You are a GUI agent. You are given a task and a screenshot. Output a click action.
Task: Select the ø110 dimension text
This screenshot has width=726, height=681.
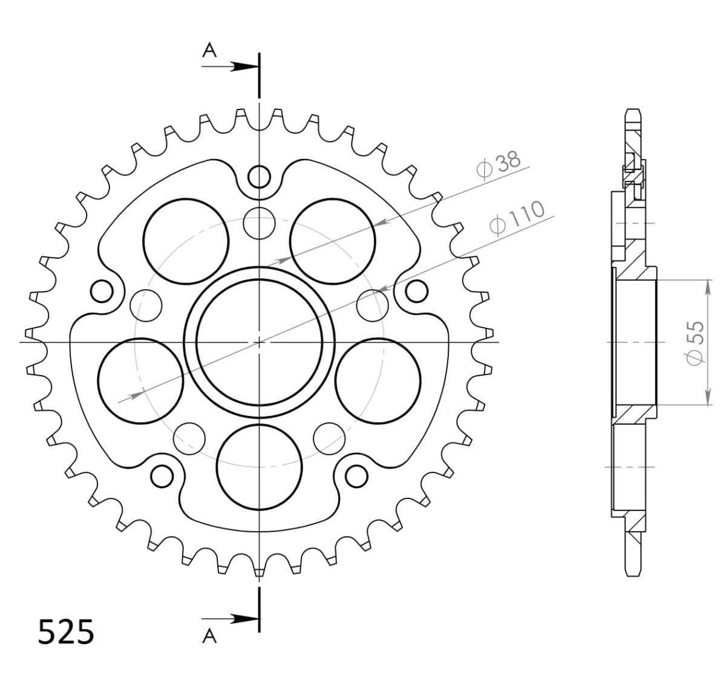[517, 218]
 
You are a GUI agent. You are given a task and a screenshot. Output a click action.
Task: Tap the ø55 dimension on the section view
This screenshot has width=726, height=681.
[696, 343]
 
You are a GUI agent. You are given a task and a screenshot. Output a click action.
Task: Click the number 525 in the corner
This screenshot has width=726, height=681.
[66, 633]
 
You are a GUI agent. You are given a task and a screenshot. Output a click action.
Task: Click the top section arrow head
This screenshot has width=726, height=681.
[243, 67]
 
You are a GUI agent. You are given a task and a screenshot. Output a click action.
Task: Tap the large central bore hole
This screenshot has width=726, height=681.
[260, 342]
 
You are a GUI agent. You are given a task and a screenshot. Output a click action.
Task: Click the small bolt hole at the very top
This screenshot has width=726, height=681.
[260, 177]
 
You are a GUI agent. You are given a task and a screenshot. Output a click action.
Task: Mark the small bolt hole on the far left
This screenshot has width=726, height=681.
[102, 291]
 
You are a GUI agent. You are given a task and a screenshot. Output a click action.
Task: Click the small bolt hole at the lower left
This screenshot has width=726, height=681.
[162, 477]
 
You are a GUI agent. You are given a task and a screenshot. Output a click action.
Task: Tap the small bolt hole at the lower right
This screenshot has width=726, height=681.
[356, 477]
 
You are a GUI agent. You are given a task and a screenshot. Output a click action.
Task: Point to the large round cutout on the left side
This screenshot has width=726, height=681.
[140, 380]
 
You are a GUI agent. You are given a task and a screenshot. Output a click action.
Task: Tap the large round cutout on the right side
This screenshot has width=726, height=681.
[378, 380]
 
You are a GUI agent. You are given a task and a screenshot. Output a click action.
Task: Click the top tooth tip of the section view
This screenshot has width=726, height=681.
[632, 113]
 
